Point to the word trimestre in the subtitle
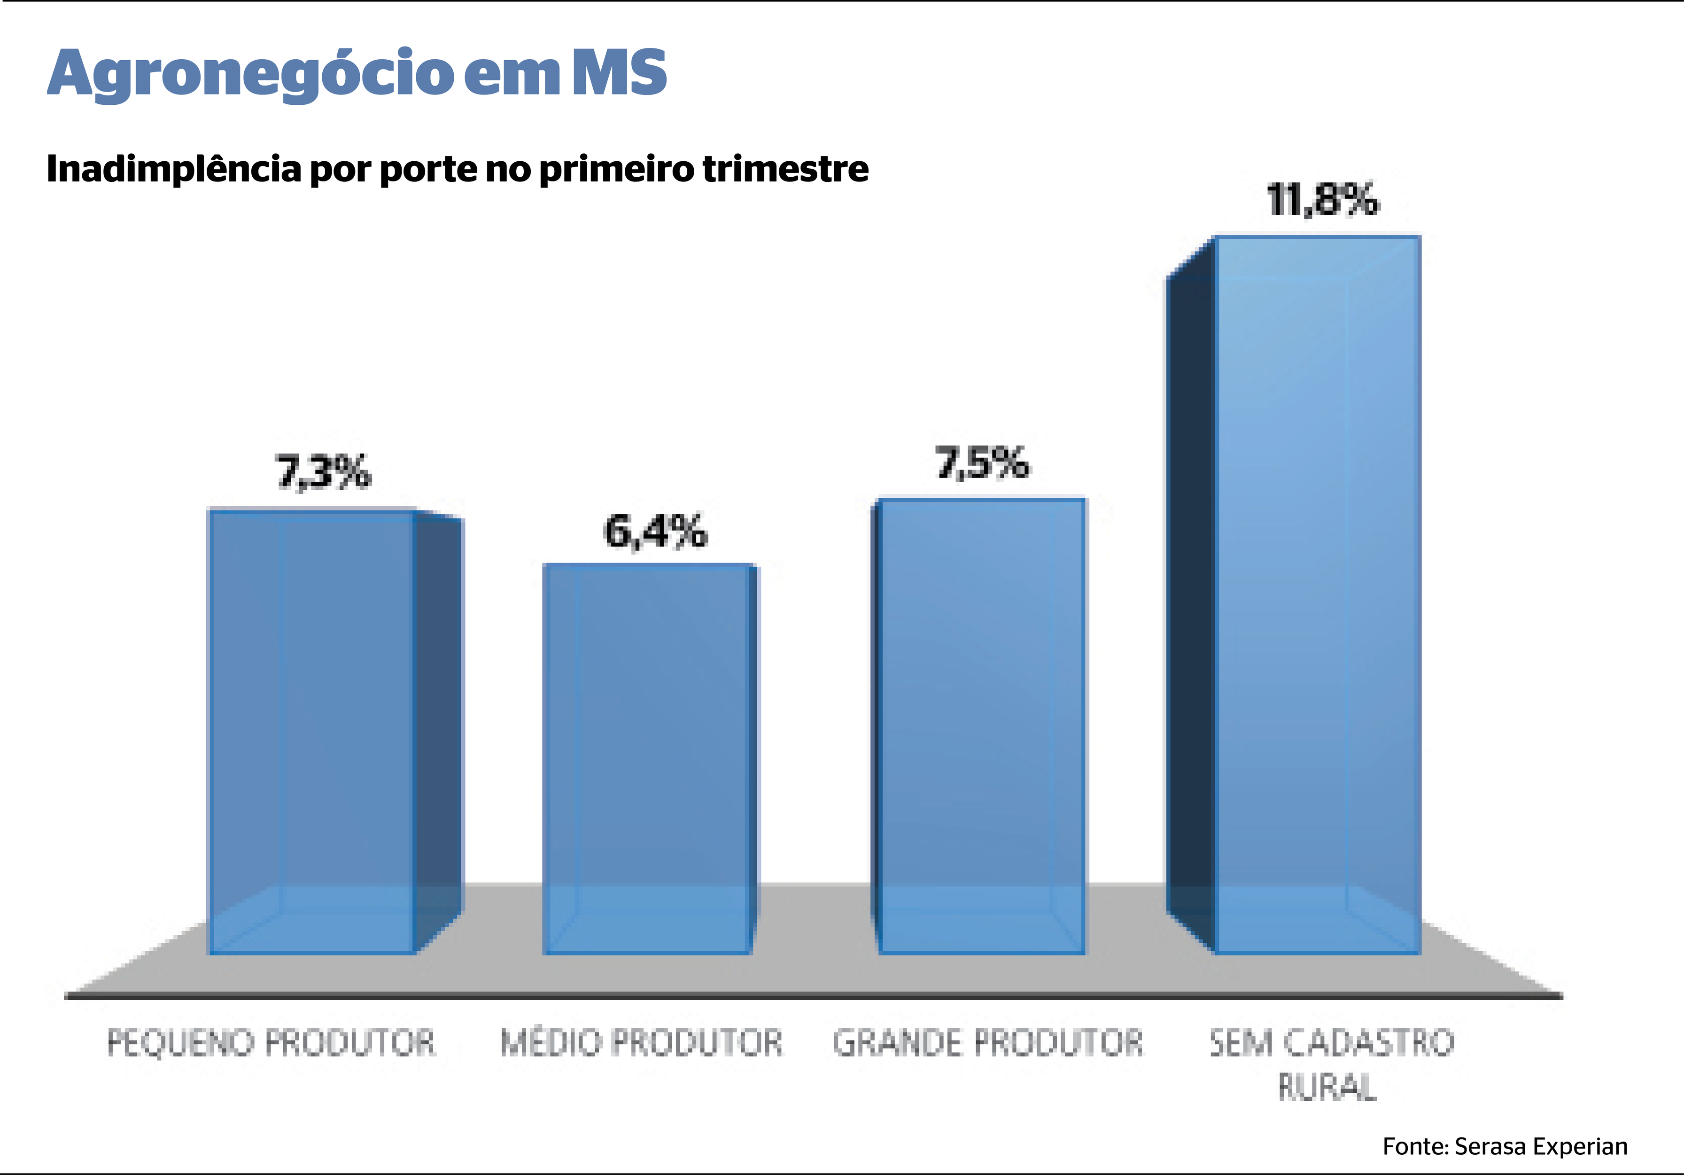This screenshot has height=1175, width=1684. tap(785, 169)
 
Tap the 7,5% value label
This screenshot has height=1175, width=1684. tap(982, 463)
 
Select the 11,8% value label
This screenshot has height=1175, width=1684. tap(1322, 200)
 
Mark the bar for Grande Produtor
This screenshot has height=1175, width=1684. tap(981, 727)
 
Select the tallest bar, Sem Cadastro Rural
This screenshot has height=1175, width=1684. tap(1317, 595)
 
